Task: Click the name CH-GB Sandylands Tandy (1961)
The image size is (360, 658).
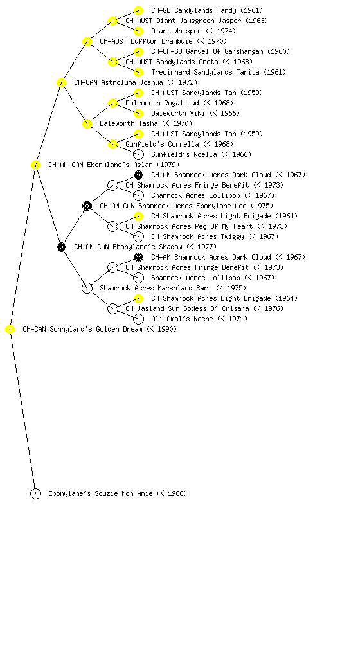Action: point(207,10)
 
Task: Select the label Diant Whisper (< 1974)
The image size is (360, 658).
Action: point(194,31)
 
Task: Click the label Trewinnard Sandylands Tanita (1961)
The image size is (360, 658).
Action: point(219,72)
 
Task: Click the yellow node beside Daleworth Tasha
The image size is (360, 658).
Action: point(87,123)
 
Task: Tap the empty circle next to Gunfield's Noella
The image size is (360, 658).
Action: point(138,154)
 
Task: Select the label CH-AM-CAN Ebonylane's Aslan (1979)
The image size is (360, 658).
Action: point(114,164)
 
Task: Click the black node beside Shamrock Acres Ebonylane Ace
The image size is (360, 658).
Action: point(87,206)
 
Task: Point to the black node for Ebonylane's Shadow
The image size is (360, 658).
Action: point(61,247)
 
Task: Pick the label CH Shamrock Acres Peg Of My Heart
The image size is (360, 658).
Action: point(189,226)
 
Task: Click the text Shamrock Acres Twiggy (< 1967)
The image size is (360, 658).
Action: point(215,236)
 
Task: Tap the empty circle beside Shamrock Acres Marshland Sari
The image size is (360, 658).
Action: point(87,288)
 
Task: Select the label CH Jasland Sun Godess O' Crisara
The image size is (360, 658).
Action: point(187,308)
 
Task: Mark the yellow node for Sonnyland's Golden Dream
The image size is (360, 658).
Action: point(10,329)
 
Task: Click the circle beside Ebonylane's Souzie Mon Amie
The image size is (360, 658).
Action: point(35,493)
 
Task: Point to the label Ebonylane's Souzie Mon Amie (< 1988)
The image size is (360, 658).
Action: point(118,493)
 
